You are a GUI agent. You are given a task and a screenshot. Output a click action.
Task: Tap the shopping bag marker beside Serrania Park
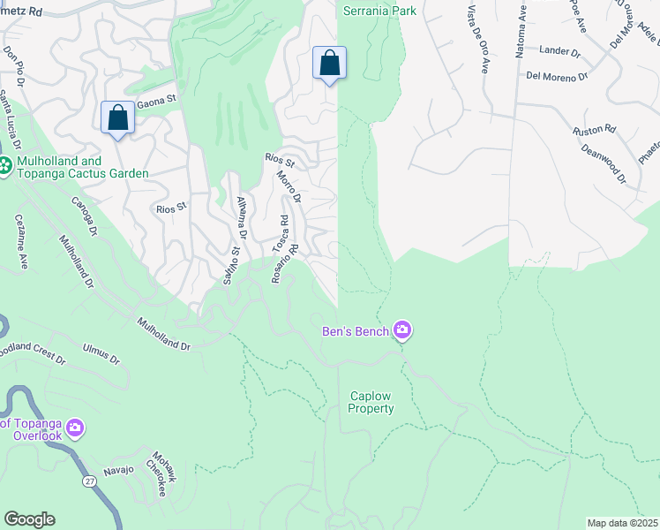coord(329,64)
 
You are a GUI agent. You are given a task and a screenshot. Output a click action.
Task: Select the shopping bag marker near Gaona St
coord(117,118)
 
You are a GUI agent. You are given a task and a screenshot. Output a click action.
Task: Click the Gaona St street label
coord(160,102)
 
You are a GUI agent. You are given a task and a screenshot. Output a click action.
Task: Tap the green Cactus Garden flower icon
coord(5,165)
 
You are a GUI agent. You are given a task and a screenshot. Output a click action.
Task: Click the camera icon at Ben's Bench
coord(403,330)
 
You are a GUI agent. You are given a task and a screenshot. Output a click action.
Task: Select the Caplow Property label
coord(371,402)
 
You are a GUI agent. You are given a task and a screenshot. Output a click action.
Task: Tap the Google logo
coord(28,519)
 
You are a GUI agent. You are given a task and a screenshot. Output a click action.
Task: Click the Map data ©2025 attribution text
coord(622,522)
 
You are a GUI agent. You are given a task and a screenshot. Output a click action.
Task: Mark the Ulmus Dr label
coord(101,356)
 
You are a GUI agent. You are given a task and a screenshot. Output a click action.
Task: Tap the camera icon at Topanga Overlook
coord(74,428)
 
